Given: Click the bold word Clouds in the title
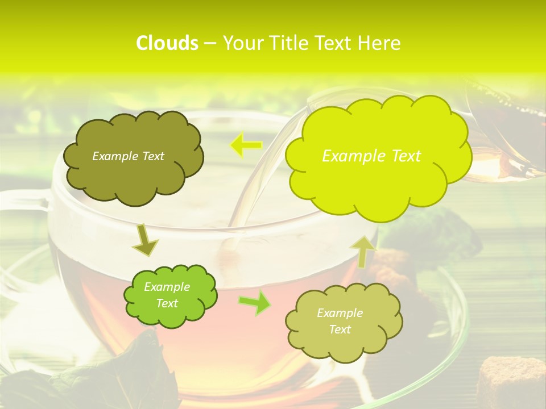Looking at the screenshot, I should (x=167, y=43).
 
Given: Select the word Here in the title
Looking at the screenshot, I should (x=381, y=43).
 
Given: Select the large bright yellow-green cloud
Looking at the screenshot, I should (x=378, y=182).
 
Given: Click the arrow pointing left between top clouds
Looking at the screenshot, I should (x=245, y=145).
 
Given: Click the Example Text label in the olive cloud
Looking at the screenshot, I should (x=128, y=156).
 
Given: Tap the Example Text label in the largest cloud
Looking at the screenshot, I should (x=371, y=156).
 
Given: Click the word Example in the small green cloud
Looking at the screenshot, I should (x=167, y=287).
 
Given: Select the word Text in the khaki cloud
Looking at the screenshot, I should (x=340, y=329).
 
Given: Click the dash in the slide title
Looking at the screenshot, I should (x=210, y=44).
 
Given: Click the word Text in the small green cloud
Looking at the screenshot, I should (x=167, y=303).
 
